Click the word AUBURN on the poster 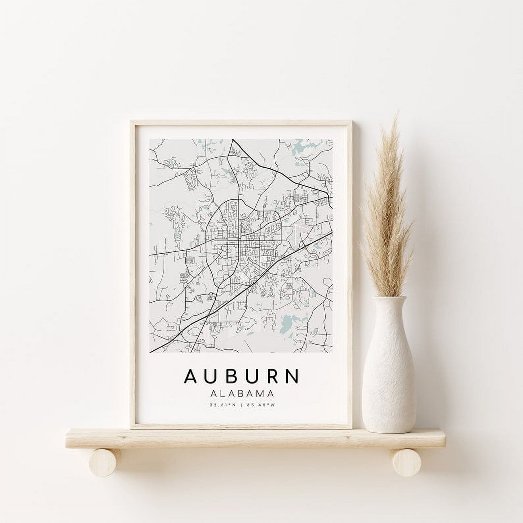click(x=242, y=376)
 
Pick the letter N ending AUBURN click(x=291, y=376)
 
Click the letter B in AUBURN click(x=231, y=376)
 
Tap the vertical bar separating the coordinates click(x=242, y=405)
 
